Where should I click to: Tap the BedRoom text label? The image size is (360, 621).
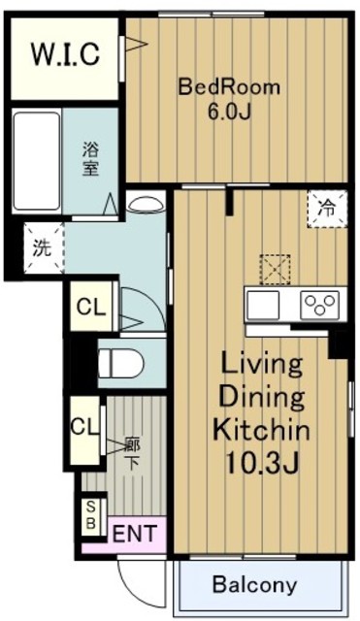(228, 87)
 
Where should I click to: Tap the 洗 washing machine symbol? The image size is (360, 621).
(42, 246)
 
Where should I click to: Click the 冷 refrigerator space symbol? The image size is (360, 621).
(327, 207)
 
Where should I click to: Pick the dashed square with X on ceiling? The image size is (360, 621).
(276, 268)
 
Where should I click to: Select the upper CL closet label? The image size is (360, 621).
(90, 309)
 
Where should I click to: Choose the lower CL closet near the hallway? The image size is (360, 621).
(82, 425)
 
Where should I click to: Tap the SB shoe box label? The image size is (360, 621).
(91, 513)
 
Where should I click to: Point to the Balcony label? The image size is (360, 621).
(254, 585)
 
